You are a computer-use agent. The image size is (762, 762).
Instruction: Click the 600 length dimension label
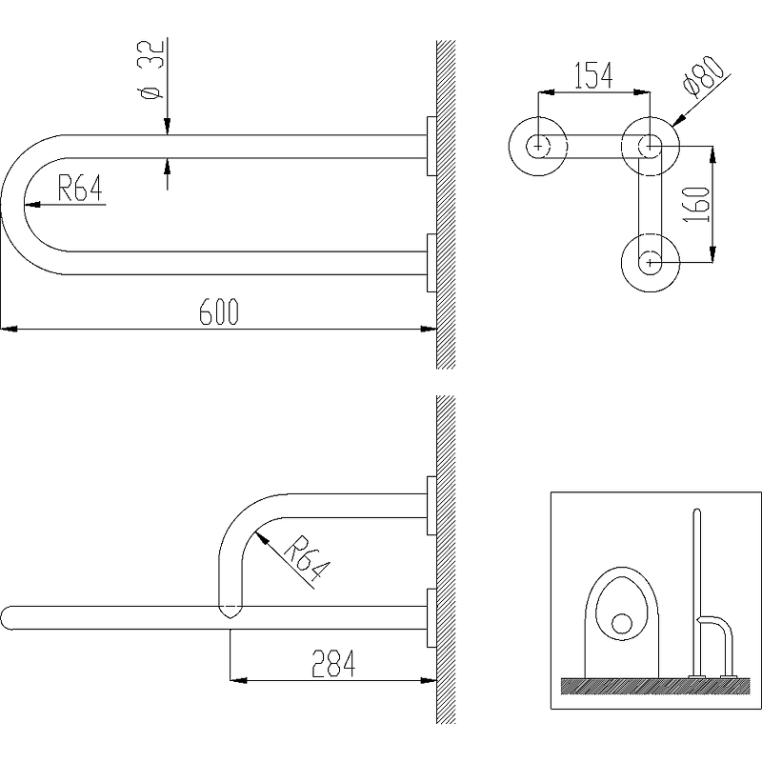point(219,312)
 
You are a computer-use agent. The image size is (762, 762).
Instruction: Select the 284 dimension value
point(333,663)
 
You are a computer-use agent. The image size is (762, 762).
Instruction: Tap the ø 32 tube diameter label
point(151,69)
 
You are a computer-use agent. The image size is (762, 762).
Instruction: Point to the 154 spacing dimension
point(593,76)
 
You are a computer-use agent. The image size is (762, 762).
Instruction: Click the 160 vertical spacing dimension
point(697,204)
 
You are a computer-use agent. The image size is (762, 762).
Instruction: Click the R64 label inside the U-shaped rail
point(80,188)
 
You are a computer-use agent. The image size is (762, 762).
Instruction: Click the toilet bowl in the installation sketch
point(622,622)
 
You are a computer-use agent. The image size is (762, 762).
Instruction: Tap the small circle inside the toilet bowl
point(622,623)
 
